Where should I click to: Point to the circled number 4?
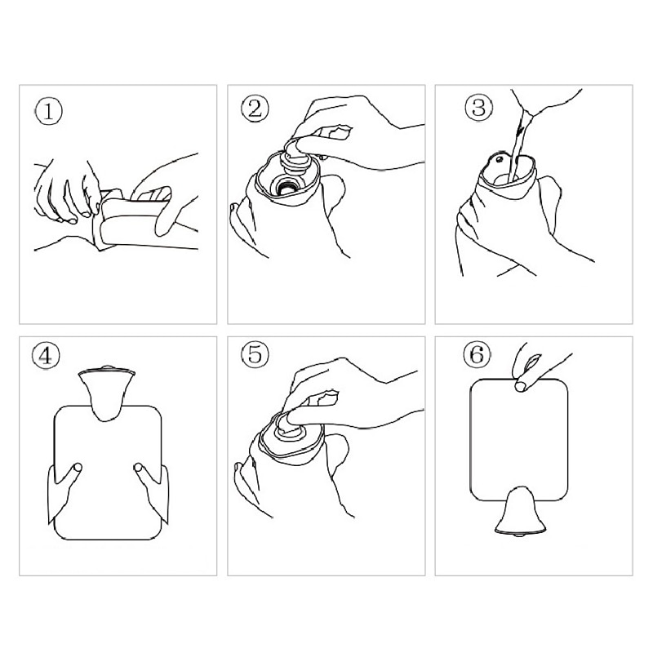coord(47,356)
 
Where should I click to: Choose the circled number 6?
coord(478,356)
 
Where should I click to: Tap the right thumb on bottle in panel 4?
coord(139,469)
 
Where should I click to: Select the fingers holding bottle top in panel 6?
coord(531,367)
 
